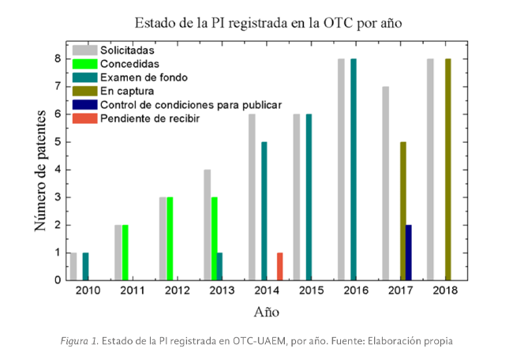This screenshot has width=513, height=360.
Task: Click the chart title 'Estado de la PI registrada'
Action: point(268,22)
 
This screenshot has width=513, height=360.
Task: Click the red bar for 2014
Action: point(279,266)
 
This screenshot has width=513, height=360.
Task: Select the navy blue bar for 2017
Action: point(407,253)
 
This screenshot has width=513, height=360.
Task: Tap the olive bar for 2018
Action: point(448,169)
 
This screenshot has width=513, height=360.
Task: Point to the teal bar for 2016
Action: point(354,169)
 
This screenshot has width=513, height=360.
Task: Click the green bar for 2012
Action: point(170,238)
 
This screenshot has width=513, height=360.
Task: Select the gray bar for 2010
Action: point(73,266)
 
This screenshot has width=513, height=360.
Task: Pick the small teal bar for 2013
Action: point(219,266)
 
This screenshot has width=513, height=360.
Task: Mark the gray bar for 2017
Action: point(385,183)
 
